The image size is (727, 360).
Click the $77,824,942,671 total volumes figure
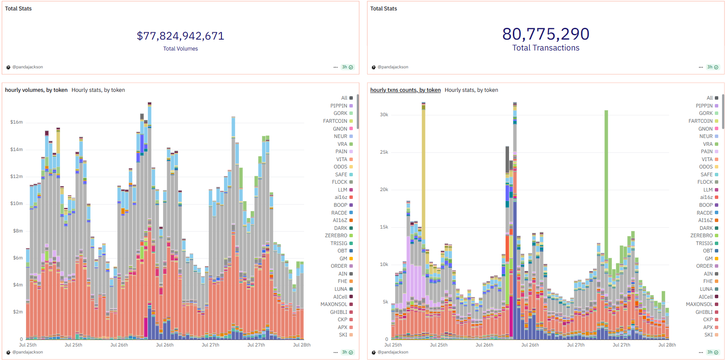pyautogui.click(x=181, y=36)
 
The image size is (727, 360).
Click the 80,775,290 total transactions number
pyautogui.click(x=546, y=34)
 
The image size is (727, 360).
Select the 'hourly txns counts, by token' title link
pyautogui.click(x=405, y=90)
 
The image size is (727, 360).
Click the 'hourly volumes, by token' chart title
pyautogui.click(x=36, y=90)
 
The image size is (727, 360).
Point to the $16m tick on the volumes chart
pyautogui.click(x=17, y=122)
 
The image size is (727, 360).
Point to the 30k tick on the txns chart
pyautogui.click(x=384, y=115)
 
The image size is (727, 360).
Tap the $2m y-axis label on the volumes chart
pyautogui.click(x=17, y=312)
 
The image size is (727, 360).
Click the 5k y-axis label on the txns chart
pyautogui.click(x=385, y=302)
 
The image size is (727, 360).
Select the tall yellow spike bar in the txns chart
pyautogui.click(x=423, y=174)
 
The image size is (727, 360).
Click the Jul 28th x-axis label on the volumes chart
pyautogui.click(x=302, y=345)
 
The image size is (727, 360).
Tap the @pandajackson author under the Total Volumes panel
pyautogui.click(x=27, y=67)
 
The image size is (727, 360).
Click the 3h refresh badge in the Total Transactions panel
pyautogui.click(x=713, y=67)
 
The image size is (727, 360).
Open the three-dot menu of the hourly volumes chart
pyautogui.click(x=335, y=352)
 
